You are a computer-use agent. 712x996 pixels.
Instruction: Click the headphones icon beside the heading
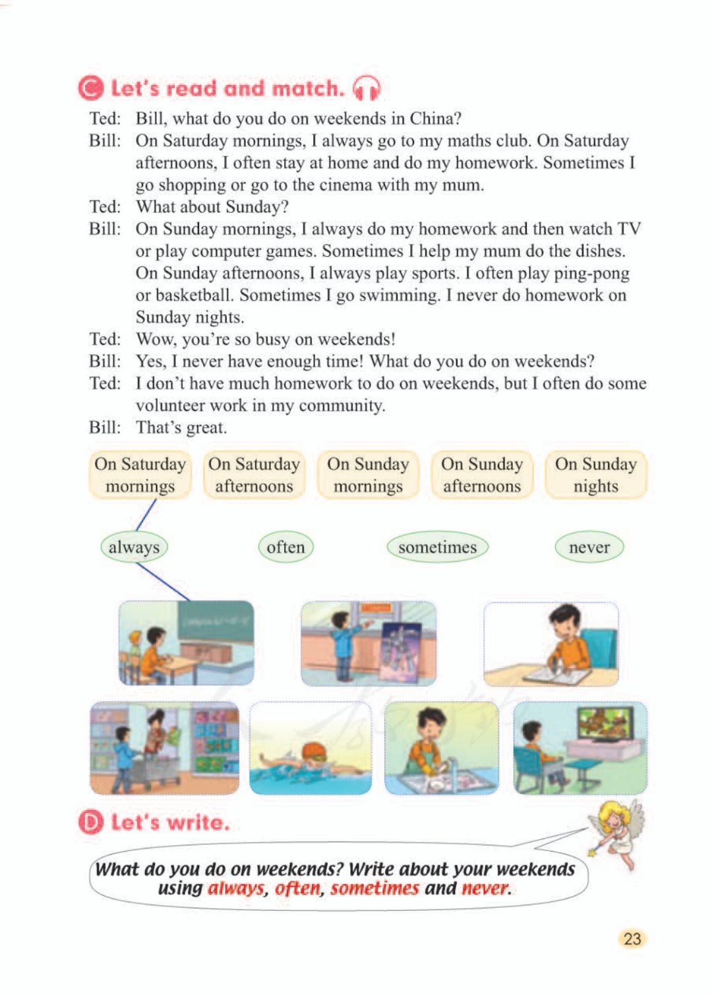click(x=367, y=88)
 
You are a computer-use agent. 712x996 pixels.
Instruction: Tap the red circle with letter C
click(x=91, y=88)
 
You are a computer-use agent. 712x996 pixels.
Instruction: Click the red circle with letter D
click(x=91, y=823)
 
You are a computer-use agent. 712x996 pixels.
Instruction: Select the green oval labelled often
click(x=285, y=547)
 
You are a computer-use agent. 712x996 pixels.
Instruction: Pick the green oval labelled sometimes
click(x=437, y=547)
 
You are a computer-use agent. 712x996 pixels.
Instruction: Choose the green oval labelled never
click(x=589, y=547)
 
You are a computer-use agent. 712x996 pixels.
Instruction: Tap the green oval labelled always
click(x=134, y=547)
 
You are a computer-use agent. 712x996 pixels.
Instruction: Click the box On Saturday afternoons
click(x=254, y=475)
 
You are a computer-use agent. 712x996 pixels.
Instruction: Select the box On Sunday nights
click(x=595, y=475)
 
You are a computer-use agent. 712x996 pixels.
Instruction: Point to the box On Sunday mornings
click(x=368, y=475)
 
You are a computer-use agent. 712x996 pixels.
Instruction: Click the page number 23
click(x=632, y=939)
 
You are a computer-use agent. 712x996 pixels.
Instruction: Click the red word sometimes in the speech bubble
click(x=374, y=888)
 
